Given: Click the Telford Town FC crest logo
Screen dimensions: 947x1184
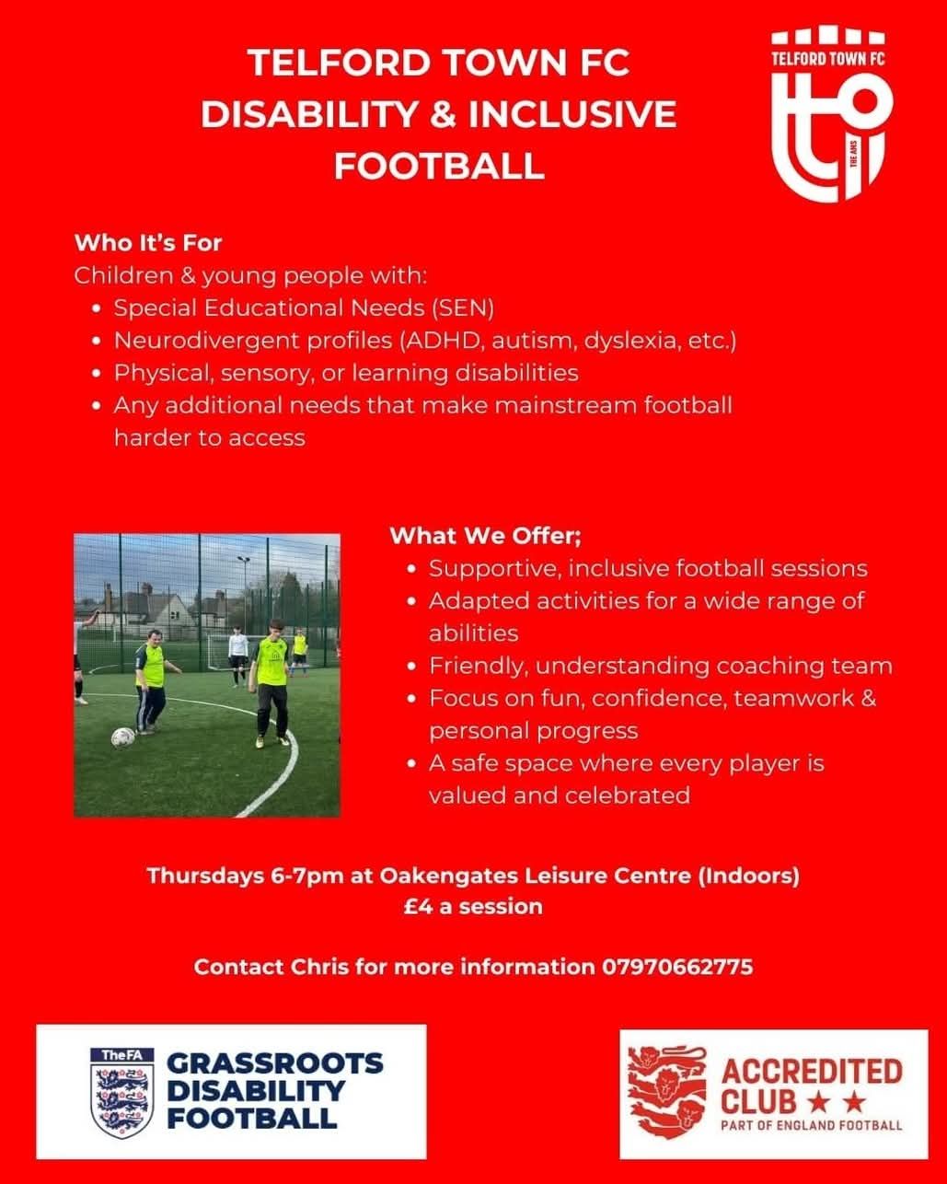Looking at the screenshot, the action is (x=832, y=114).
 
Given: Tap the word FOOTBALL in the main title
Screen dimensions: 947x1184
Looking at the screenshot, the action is (x=439, y=166).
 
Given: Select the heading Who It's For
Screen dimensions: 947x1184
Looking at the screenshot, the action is (x=148, y=243).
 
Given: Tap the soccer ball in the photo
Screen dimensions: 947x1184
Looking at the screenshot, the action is (x=122, y=737).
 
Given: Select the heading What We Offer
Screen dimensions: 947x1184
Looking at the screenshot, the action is (x=485, y=535).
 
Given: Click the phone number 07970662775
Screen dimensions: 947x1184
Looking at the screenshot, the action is (x=677, y=982).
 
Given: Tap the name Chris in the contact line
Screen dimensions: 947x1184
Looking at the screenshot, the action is (x=319, y=982).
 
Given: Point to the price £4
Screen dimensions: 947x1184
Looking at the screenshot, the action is (x=418, y=923).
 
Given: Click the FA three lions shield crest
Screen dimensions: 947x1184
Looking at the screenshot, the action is (x=122, y=1093).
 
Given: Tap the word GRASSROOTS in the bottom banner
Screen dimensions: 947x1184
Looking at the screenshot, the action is (x=275, y=1063).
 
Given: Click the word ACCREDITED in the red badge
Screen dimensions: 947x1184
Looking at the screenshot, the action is (x=811, y=1071).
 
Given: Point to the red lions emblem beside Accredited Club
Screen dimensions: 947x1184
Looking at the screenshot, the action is (x=667, y=1093).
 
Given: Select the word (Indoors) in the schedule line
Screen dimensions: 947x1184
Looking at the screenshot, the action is (x=748, y=891).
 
